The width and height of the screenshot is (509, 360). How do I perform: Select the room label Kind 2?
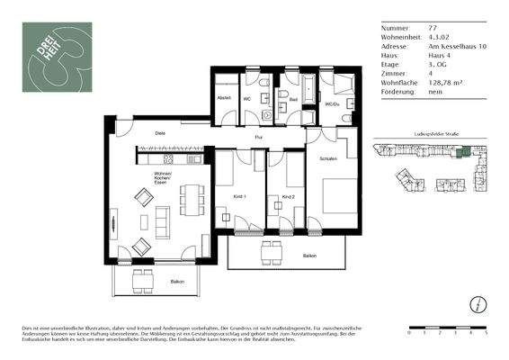tap(288, 196)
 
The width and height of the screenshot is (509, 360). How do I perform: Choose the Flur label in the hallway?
tap(257, 138)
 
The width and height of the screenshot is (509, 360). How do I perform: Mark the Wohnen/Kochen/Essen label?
tap(163, 175)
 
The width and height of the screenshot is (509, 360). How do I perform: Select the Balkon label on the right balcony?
tap(308, 256)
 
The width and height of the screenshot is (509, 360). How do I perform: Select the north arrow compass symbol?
tap(480, 302)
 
